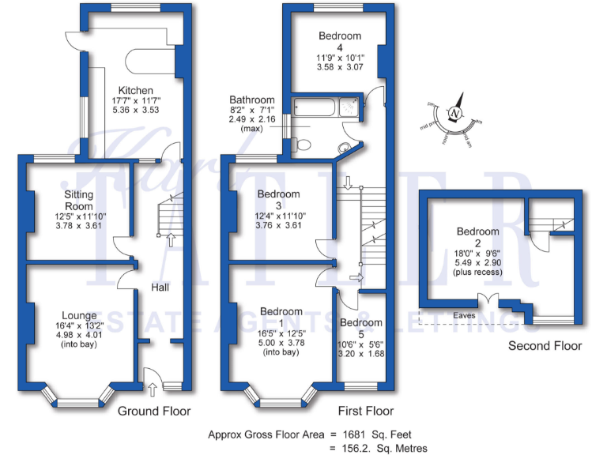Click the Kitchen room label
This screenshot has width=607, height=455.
135,90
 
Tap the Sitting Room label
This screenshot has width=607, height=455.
79,201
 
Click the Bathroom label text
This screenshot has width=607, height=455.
252,100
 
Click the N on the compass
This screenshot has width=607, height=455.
454,114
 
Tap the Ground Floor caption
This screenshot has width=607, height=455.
154,412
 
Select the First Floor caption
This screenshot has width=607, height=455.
365,412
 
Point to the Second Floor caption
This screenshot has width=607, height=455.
545,346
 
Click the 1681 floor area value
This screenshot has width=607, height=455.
348,434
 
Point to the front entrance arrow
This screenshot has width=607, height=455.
151,389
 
